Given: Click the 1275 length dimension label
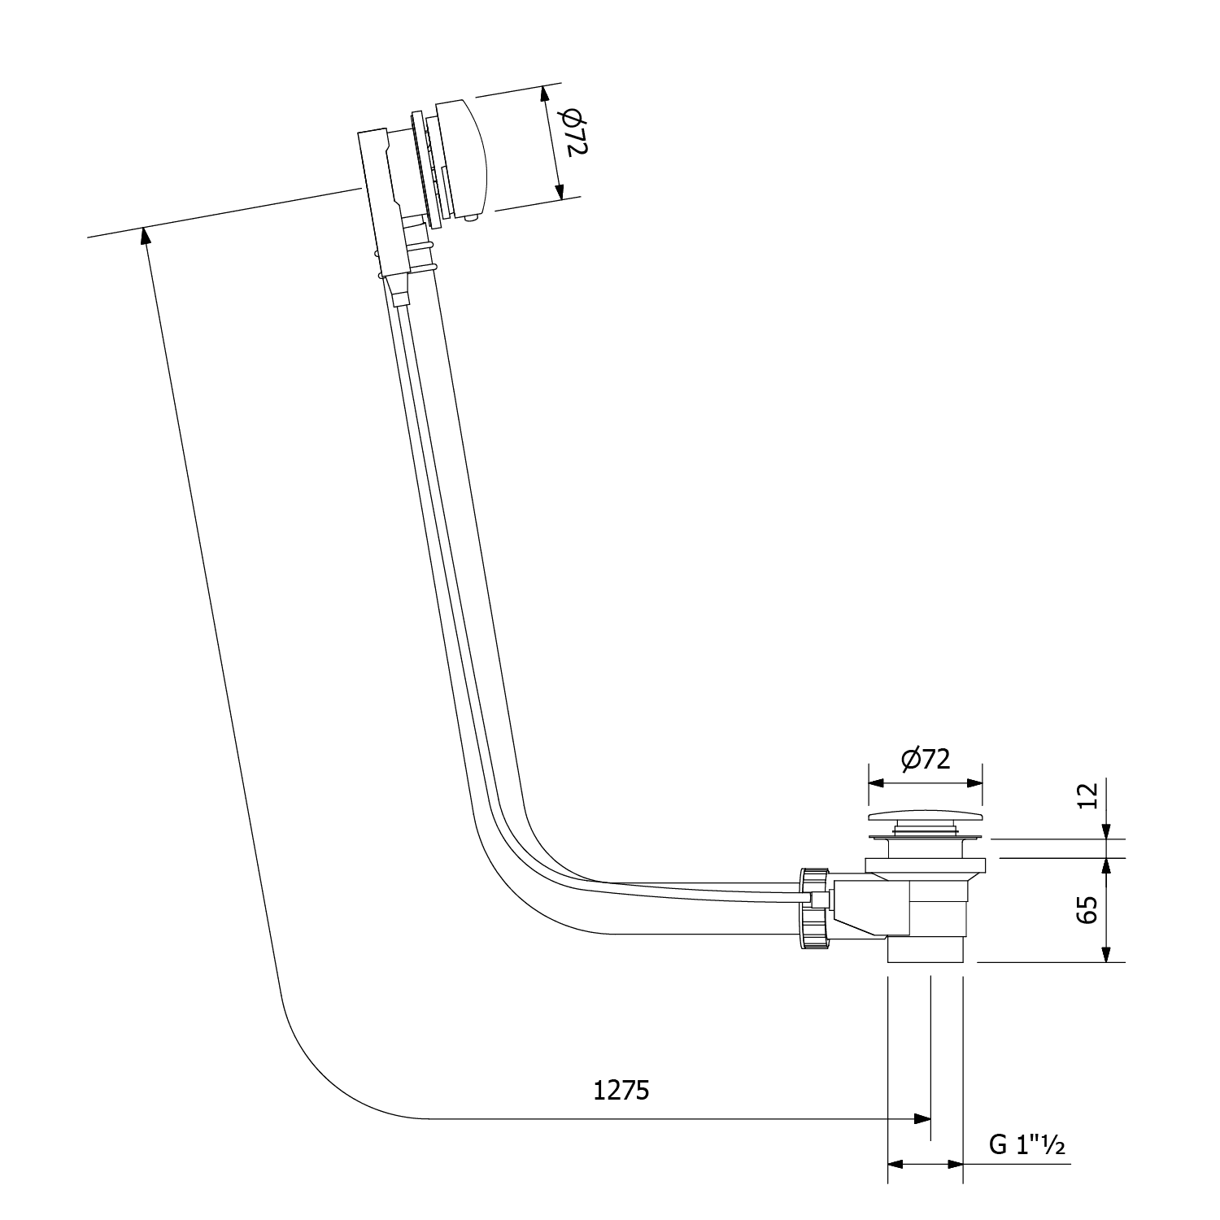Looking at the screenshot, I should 621,1090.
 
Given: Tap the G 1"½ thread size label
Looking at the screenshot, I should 1027,1144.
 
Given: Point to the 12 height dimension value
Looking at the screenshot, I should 1087,794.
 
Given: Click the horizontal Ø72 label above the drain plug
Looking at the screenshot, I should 925,759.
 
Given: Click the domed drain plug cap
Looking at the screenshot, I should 926,816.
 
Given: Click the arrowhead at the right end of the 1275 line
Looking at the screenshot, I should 922,1118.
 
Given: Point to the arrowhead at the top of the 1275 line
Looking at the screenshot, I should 145,236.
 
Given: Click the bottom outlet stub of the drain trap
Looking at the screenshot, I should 926,949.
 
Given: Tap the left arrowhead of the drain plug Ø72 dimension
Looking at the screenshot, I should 877,783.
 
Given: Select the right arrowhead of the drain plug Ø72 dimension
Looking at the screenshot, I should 974,783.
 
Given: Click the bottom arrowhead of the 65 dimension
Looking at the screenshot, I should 1106,953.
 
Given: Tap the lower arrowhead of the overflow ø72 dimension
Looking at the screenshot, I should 560,191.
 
